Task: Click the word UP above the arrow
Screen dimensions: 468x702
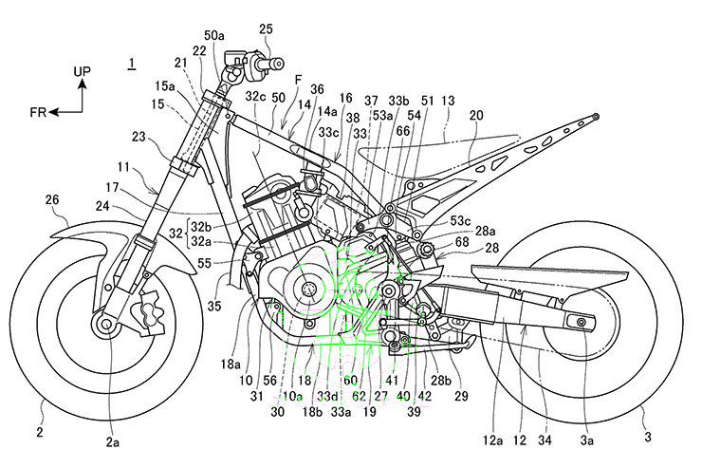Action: [83, 71]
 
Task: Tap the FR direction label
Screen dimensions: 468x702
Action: [38, 111]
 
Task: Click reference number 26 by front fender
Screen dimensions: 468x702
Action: [52, 200]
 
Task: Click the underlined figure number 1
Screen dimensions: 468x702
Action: [132, 64]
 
